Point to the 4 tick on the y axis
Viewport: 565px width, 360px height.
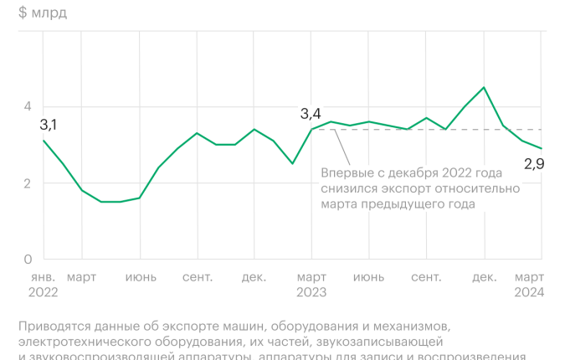(x=28, y=106)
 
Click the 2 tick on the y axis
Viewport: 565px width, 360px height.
(x=28, y=183)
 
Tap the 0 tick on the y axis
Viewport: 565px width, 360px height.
(x=28, y=259)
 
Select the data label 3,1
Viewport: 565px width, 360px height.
(x=49, y=125)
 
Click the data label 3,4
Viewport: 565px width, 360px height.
(x=311, y=113)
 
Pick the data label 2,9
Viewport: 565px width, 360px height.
(x=534, y=164)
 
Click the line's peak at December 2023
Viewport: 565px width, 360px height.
(x=484, y=87)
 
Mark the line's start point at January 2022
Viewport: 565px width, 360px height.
(x=44, y=141)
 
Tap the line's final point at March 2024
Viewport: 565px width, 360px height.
(x=542, y=148)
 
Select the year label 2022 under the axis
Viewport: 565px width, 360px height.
(x=43, y=292)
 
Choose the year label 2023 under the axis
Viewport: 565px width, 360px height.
(x=312, y=292)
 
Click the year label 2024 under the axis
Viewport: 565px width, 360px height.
(x=529, y=292)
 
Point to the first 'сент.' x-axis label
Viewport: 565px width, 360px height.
(x=197, y=277)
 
